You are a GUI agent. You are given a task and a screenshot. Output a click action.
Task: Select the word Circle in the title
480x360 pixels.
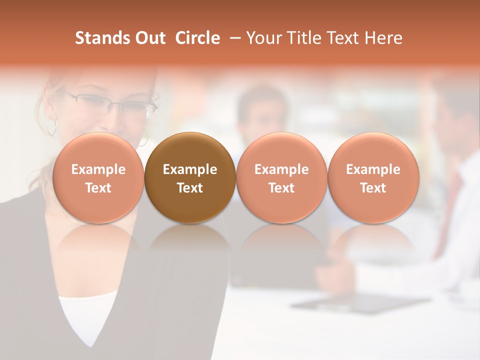197,38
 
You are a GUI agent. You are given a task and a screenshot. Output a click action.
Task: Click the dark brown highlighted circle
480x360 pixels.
190,178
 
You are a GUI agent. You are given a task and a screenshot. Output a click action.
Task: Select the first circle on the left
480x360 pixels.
98,178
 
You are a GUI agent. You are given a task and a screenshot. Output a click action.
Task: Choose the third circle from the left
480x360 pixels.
281,178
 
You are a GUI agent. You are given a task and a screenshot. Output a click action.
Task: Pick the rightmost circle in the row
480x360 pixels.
373,178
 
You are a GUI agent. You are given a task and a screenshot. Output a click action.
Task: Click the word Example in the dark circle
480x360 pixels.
190,169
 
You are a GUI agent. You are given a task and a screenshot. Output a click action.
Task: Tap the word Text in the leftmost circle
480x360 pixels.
98,188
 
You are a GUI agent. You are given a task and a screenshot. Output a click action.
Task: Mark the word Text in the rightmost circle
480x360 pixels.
373,188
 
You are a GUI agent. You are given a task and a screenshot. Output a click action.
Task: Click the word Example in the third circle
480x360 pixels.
281,169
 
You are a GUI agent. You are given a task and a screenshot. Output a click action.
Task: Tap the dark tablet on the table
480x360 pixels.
360,302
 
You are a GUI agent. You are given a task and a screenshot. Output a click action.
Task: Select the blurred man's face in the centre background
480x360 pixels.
261,112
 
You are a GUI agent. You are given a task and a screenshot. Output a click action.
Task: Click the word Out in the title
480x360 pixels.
148,38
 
